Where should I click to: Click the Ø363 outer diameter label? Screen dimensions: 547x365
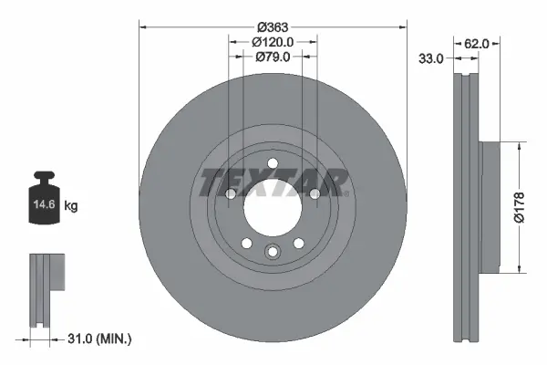273,26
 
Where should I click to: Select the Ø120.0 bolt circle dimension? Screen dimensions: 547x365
273,42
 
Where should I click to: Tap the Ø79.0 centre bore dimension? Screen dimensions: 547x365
273,57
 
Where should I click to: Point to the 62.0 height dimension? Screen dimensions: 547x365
477,44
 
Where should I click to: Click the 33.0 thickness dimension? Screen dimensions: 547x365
431,58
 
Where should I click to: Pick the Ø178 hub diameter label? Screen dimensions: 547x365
519,207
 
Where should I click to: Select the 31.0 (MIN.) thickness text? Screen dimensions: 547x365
99,339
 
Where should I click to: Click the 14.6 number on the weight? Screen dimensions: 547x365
45,204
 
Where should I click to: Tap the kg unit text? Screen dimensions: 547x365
71,205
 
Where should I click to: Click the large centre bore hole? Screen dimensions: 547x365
273,209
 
